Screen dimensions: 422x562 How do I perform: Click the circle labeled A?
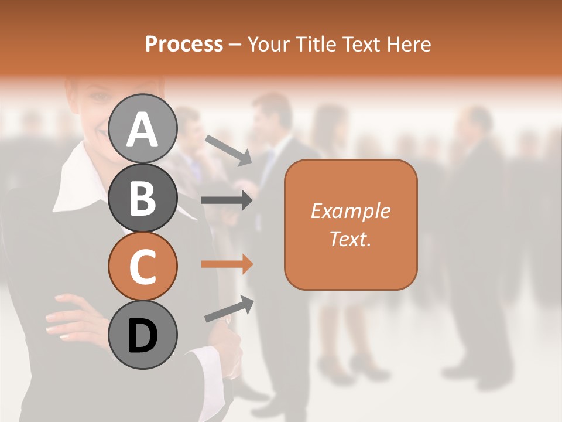tap(142, 129)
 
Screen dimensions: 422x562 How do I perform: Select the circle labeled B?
tap(142, 198)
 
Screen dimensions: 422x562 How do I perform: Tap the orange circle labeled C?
tap(142, 267)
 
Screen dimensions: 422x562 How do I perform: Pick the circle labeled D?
tap(142, 335)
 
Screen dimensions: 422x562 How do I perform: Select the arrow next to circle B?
tap(227, 200)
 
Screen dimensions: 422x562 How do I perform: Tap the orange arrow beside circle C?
tap(227, 264)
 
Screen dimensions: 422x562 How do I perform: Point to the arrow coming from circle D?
tap(229, 309)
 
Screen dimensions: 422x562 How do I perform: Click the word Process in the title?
tap(184, 44)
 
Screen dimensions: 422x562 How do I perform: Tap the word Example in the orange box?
tap(350, 211)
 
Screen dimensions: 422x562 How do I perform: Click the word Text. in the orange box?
tap(350, 239)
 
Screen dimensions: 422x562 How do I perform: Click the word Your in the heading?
tap(268, 44)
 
